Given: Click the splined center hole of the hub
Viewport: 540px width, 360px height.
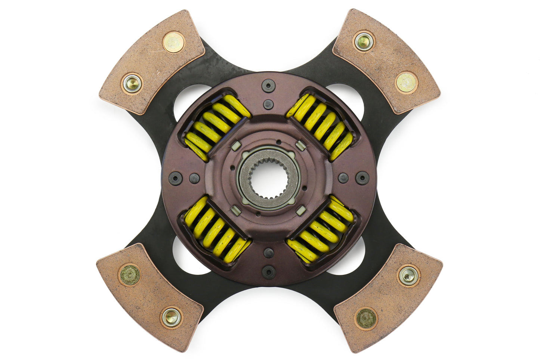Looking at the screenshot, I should [269, 178].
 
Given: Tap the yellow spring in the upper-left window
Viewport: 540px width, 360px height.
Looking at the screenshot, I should [216, 127].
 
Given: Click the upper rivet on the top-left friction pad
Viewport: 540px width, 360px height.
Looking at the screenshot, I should [174, 42].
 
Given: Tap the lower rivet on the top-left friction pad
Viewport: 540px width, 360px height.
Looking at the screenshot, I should [132, 83].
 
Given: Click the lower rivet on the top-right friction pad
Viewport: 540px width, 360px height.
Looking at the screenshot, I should [406, 83].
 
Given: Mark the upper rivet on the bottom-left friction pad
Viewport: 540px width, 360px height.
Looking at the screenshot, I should [130, 275].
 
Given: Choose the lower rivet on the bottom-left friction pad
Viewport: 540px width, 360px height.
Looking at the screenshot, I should [172, 317].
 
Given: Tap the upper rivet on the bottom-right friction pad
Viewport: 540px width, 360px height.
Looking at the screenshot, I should [408, 276].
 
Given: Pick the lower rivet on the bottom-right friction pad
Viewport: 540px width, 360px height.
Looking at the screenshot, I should [366, 319].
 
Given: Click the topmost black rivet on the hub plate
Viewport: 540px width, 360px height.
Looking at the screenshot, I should [268, 85].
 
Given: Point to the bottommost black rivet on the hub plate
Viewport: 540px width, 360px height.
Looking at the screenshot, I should [269, 271].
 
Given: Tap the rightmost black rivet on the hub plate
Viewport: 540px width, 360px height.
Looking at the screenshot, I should [362, 178].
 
